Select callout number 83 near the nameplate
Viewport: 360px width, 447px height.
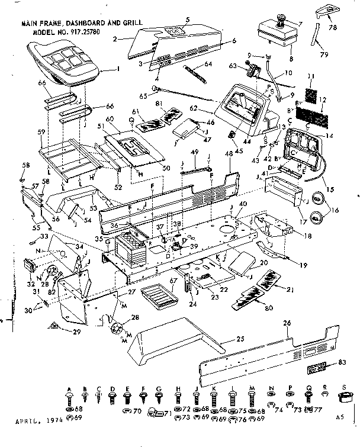[x=343, y=362]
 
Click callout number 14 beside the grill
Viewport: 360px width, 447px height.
[x=328, y=137]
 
